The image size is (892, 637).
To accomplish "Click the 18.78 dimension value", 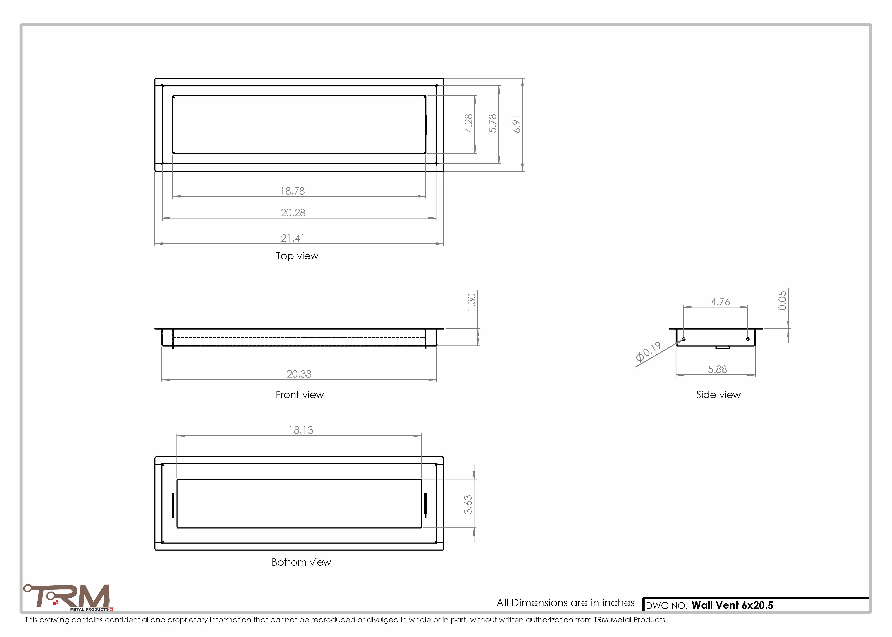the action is (293, 191).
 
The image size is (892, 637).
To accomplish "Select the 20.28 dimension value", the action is (293, 213).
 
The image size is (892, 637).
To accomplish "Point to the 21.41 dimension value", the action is (293, 238).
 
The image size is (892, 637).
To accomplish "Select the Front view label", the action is (300, 395).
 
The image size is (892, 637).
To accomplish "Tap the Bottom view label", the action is (301, 562).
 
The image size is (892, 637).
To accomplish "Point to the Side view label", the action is (718, 395).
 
